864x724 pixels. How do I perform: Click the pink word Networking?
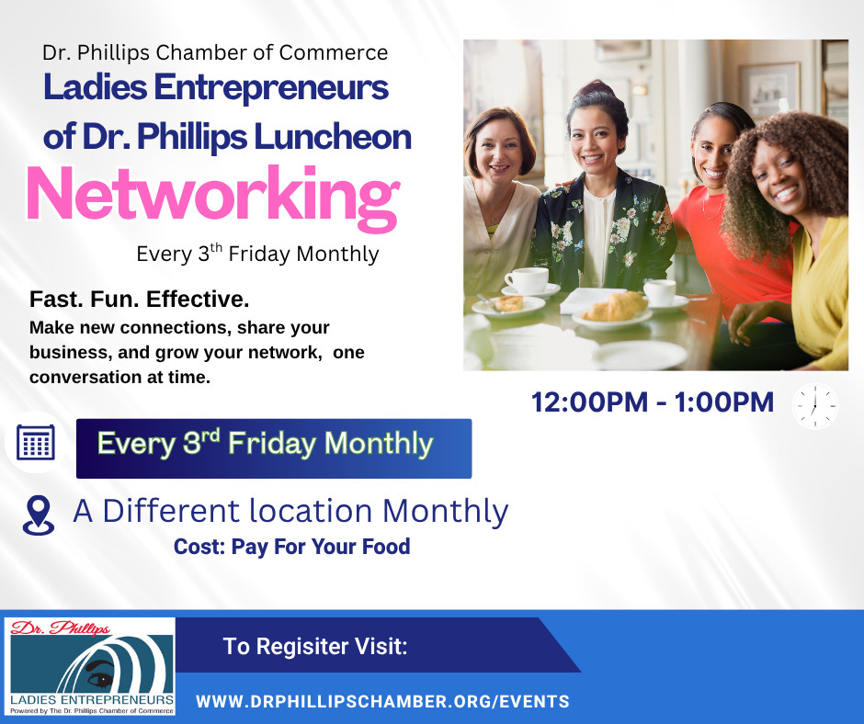(212, 195)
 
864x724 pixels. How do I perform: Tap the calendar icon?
(36, 443)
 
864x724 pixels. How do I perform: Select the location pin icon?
(38, 515)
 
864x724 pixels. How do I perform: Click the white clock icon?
(814, 405)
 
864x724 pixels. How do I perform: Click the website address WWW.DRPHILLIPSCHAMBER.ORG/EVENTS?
(382, 701)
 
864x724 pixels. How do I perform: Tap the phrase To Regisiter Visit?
(314, 646)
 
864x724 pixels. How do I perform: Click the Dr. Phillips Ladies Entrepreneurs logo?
(89, 666)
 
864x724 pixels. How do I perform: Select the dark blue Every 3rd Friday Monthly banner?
(273, 447)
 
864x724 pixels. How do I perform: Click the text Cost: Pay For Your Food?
(291, 547)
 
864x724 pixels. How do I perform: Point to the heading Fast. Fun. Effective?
(140, 300)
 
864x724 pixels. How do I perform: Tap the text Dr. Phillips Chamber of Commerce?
(215, 53)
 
